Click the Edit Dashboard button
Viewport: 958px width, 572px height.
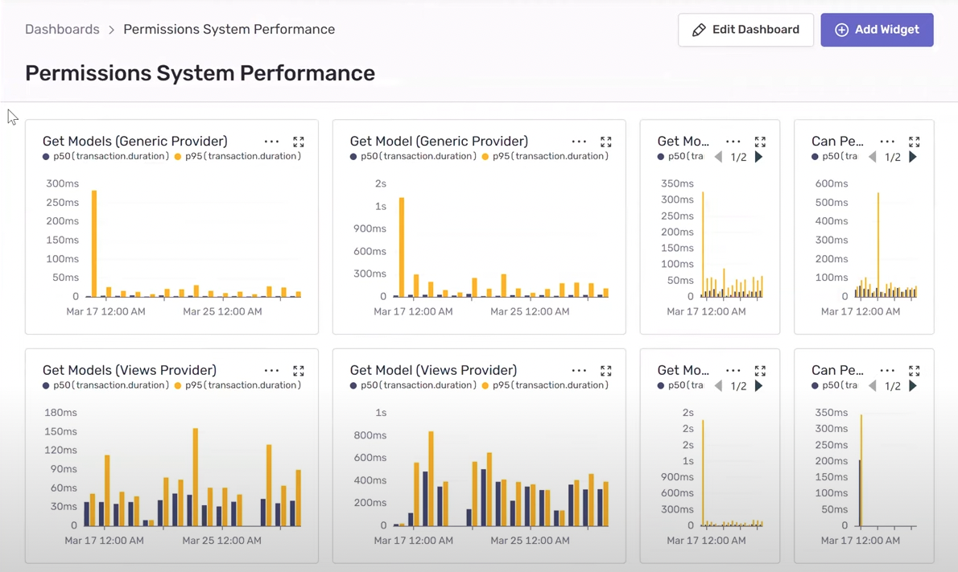745,30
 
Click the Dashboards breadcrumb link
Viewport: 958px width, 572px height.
62,30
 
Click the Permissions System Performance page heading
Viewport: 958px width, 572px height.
200,73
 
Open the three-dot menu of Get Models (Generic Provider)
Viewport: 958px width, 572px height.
271,142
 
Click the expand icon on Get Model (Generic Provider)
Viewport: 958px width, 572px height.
606,142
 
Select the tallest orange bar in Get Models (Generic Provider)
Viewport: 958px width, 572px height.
94,244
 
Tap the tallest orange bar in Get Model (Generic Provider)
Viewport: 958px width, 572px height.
402,247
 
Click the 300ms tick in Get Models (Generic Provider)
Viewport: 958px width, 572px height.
62,183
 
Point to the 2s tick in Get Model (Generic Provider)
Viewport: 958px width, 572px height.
380,183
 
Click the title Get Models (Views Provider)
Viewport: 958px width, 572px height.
129,370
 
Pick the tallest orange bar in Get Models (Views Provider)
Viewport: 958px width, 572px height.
196,477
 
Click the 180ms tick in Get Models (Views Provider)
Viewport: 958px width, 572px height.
60,413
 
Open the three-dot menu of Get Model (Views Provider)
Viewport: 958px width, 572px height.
579,371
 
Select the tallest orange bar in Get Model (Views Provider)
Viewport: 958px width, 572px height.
432,479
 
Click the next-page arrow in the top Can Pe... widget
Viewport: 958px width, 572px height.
913,157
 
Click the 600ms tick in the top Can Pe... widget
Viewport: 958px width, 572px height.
832,183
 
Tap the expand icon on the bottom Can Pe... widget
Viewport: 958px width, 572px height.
915,371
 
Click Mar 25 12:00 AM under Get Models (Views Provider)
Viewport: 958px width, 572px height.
221,541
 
